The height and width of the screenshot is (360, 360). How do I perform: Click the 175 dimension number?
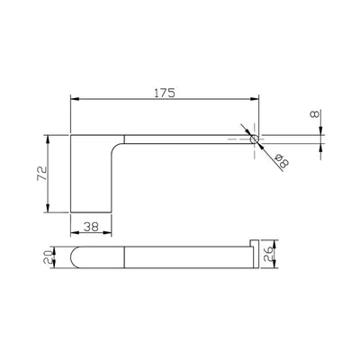click(x=163, y=93)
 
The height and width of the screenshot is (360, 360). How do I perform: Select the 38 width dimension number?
click(x=90, y=228)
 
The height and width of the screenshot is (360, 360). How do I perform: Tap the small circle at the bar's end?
click(x=255, y=139)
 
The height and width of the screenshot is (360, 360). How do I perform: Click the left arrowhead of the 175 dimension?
click(x=74, y=101)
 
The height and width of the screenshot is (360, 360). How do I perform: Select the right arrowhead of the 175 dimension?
click(x=254, y=101)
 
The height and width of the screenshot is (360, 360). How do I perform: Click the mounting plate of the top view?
click(x=90, y=175)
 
